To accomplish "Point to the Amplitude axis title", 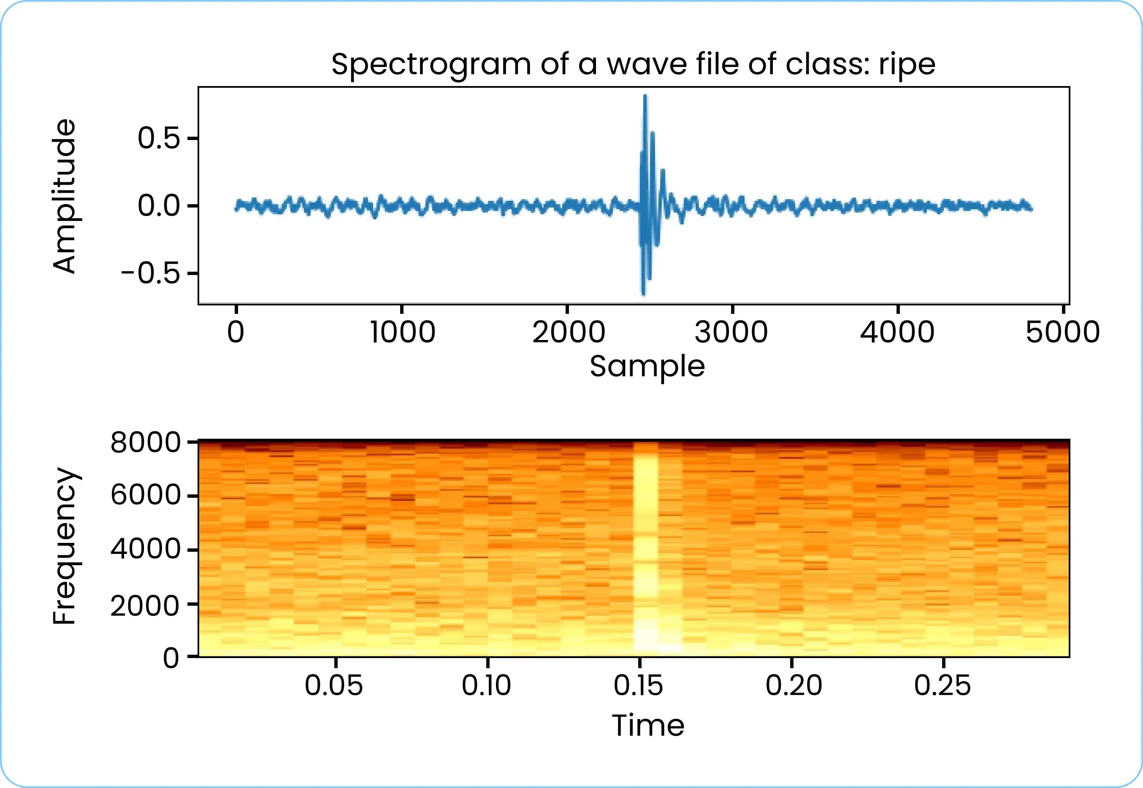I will (65, 196).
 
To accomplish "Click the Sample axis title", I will (647, 366).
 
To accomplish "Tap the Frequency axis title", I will (65, 547).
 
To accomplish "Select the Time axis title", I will (648, 725).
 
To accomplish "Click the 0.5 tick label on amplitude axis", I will (159, 138).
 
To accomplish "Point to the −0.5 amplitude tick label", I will (151, 273).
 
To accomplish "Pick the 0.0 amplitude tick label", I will (159, 206).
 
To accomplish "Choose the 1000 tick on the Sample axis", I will (403, 332).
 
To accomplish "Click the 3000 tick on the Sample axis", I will (731, 332).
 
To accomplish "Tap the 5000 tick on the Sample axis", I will (1063, 332).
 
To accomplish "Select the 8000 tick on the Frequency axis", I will (146, 443).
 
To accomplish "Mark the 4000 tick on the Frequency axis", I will (146, 549).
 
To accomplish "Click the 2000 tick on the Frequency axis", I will (146, 605).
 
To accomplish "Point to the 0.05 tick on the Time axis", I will (334, 685).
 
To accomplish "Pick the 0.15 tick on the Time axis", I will (639, 685).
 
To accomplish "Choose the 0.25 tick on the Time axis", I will (943, 685).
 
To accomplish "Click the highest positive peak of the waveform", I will (645, 96).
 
